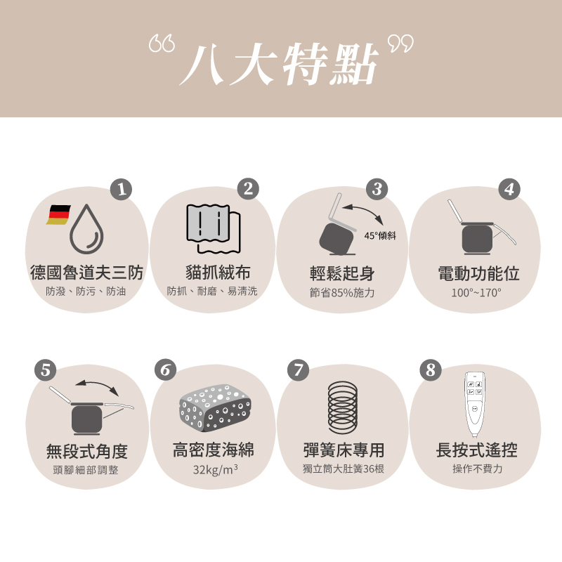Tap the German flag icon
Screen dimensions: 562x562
(59, 214)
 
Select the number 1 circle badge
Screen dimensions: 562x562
(122, 189)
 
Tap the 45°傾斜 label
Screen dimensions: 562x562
(380, 235)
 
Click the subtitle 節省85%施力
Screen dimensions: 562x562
(342, 292)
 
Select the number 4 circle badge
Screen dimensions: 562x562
(509, 189)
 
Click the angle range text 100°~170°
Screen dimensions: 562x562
(476, 292)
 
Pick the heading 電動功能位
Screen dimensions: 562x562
(478, 273)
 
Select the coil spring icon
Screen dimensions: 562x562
(342, 407)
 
